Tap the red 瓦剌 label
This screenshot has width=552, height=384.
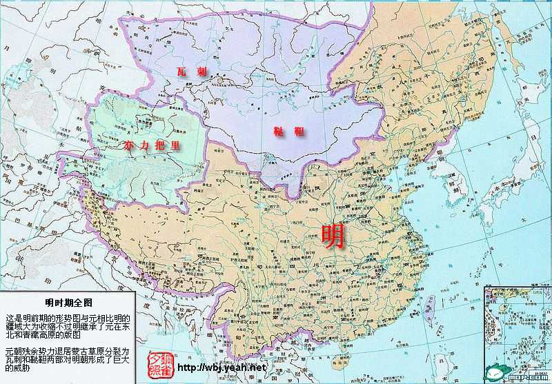192,72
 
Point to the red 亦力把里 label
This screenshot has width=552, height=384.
151,145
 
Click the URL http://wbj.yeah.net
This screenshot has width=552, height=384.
221,367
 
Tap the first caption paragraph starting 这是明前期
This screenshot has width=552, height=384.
67,326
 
